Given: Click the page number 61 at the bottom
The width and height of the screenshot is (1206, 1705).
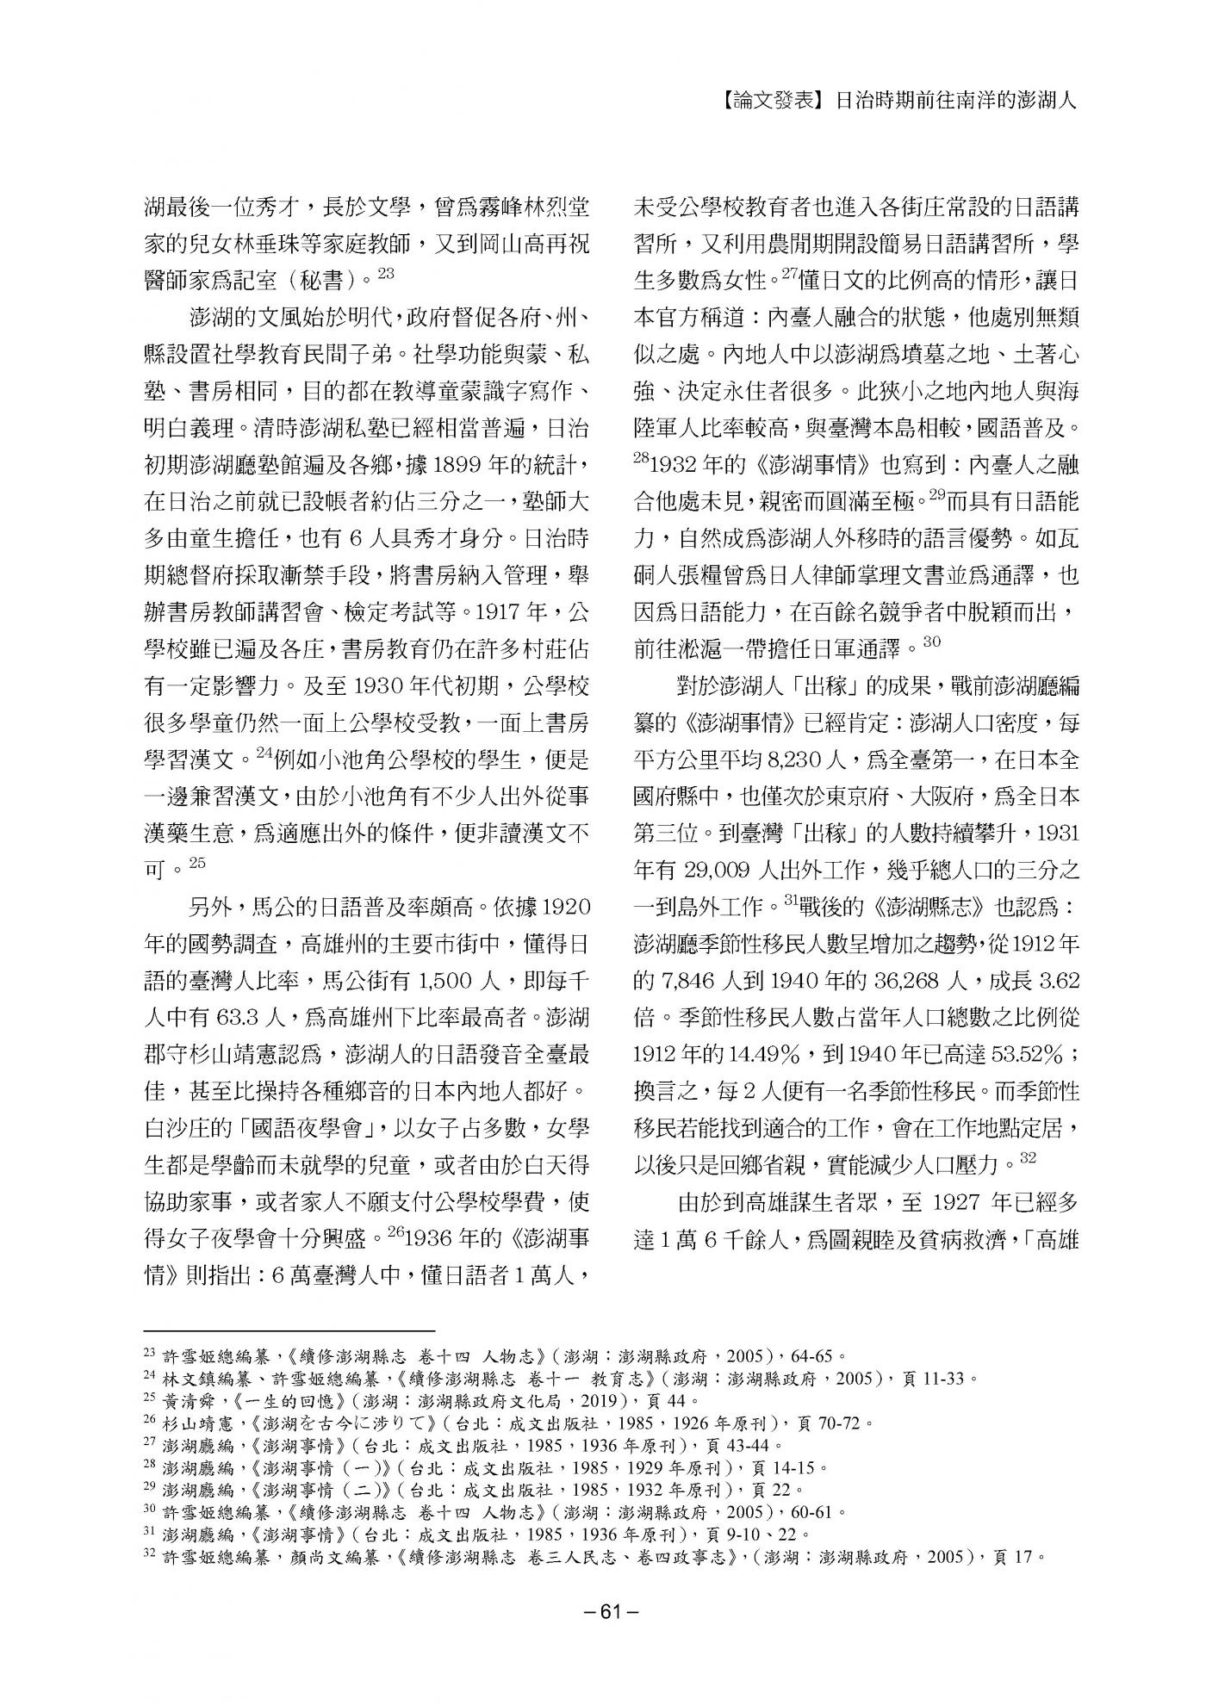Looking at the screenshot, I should (603, 1613).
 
